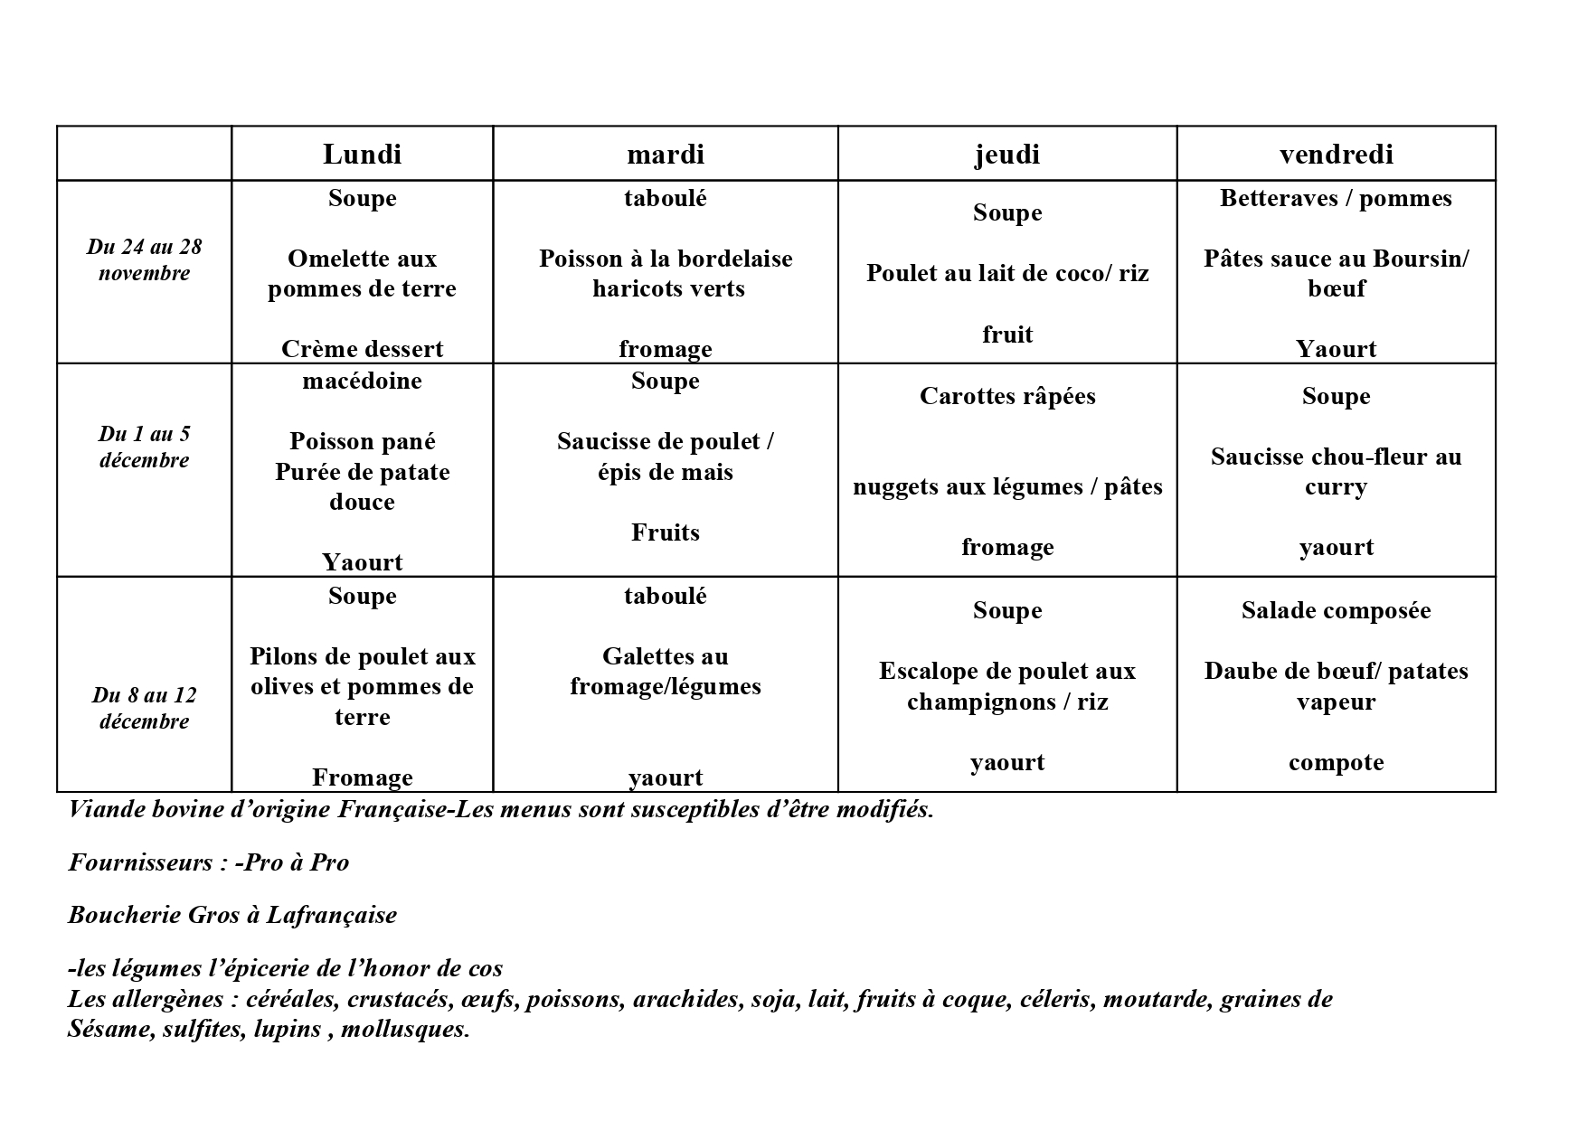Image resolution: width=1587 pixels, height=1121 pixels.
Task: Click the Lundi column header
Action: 362,155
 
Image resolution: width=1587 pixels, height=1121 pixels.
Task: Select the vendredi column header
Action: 1336,155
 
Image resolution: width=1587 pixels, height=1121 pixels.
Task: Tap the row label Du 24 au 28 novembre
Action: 144,260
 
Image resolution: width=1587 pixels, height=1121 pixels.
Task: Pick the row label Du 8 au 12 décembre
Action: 144,708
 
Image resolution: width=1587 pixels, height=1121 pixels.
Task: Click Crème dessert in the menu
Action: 362,349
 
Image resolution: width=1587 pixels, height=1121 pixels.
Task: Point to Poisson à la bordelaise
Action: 666,259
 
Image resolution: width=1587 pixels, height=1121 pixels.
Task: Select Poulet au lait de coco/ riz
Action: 1007,273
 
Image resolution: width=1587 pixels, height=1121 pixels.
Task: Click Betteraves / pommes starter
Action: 1336,199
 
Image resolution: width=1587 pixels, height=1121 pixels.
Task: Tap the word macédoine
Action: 362,381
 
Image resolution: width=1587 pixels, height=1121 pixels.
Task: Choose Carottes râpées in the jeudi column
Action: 1007,396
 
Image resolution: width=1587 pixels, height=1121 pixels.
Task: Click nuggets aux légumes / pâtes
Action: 1007,487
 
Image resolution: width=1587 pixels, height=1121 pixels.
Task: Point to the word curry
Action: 1336,487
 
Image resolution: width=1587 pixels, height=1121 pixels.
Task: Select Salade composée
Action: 1336,610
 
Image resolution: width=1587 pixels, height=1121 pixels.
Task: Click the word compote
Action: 1336,762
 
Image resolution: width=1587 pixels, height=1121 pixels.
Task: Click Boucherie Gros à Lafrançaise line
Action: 232,915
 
